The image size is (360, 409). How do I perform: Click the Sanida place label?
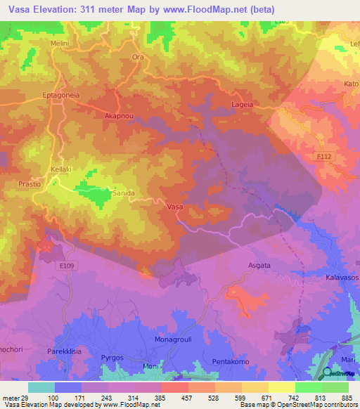(x=124, y=191)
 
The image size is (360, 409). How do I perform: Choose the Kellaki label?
(x=63, y=170)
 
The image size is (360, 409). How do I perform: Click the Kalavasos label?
(x=342, y=278)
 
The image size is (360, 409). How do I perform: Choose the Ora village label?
(x=138, y=58)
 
